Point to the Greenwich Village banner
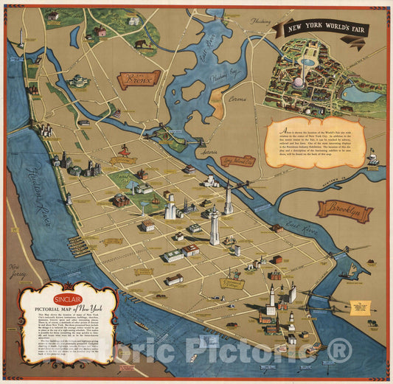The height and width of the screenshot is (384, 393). point(232,282)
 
